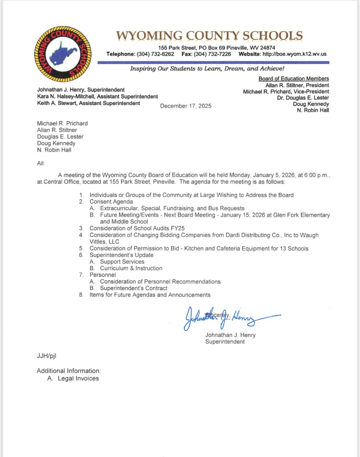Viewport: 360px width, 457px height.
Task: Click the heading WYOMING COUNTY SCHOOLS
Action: click(x=209, y=36)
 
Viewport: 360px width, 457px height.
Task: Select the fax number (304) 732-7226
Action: click(x=213, y=54)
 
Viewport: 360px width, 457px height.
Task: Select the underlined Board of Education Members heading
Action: click(x=293, y=79)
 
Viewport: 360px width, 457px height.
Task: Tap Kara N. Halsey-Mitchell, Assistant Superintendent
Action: click(x=97, y=96)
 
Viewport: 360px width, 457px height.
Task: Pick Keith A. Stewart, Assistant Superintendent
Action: click(x=89, y=103)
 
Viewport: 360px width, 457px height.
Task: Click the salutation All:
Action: click(x=41, y=164)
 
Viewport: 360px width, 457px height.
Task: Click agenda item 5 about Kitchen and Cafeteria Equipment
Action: click(x=199, y=248)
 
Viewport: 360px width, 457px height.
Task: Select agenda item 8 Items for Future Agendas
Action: click(x=150, y=295)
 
